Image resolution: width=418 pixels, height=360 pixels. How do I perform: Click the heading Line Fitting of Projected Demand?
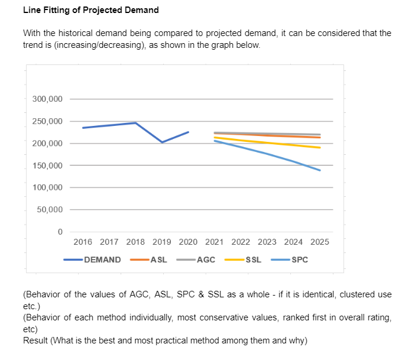coord(90,11)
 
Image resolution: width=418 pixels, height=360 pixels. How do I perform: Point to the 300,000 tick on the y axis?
coord(47,99)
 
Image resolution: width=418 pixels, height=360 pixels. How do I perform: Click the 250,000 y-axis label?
coord(47,121)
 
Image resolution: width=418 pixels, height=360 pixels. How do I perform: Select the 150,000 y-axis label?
coord(47,166)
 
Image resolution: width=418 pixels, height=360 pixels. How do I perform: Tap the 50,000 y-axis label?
coord(50,210)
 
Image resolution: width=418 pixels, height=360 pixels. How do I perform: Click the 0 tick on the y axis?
coord(60,232)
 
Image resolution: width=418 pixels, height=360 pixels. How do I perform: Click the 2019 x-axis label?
coord(162,242)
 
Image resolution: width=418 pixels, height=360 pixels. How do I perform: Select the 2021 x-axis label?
coord(214,242)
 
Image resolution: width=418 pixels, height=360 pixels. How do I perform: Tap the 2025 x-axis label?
coord(320,242)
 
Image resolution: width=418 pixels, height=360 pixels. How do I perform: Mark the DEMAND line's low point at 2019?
coord(162,142)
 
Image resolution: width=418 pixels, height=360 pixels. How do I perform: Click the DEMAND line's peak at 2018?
coord(135,123)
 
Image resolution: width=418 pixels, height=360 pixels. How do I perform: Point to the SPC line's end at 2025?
coord(320,170)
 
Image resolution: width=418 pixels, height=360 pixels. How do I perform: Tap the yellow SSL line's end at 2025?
coord(320,148)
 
